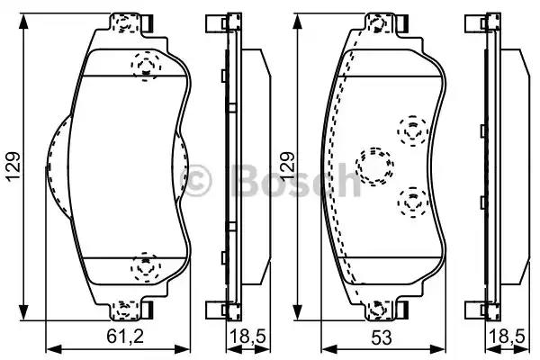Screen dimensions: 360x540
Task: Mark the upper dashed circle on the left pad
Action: click(145, 65)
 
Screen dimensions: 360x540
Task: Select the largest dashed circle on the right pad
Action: click(374, 165)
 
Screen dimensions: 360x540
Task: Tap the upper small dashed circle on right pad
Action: click(412, 130)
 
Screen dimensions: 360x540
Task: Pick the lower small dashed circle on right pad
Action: click(412, 203)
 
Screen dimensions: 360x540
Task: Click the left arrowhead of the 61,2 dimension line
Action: click(50, 347)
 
